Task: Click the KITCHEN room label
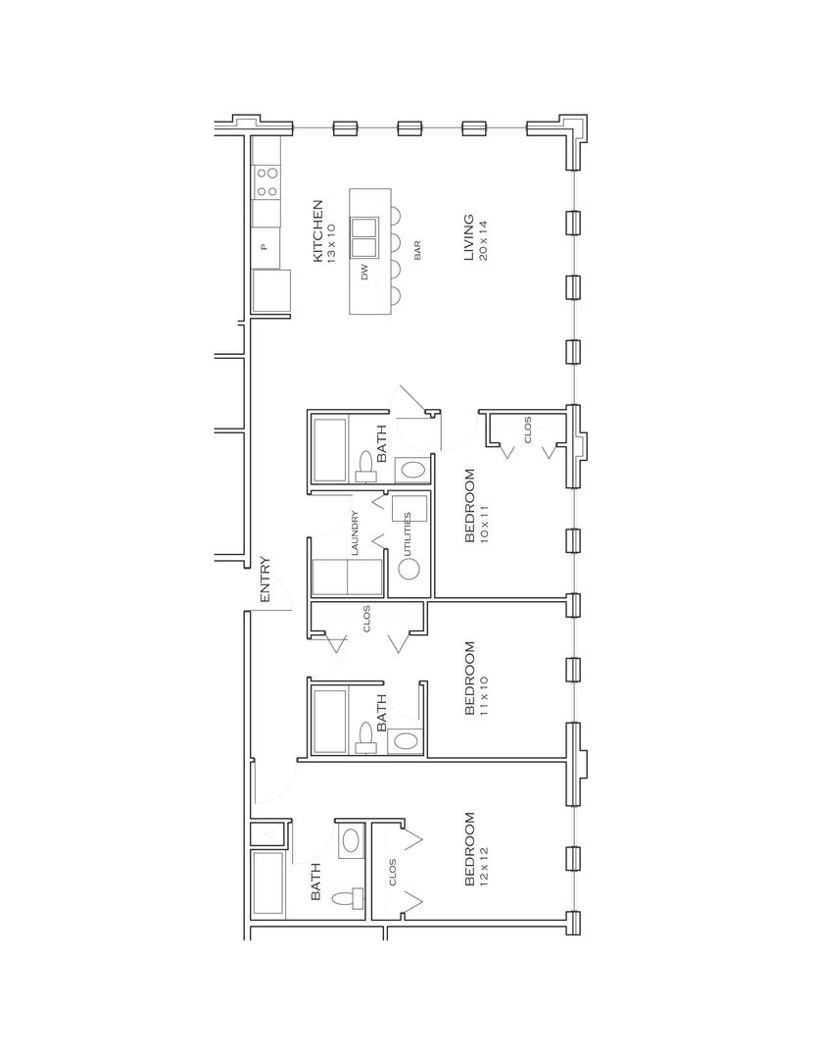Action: tap(316, 230)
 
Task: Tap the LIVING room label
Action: tap(467, 238)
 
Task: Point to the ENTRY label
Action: tap(265, 580)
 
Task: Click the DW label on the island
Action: tap(365, 273)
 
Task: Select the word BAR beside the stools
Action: tap(417, 251)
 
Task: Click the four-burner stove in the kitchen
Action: tap(265, 182)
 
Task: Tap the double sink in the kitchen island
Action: tap(365, 237)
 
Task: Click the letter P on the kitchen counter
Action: tap(265, 247)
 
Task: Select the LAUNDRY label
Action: tap(355, 533)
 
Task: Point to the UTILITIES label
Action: tap(408, 533)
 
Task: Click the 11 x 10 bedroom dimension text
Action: tap(484, 695)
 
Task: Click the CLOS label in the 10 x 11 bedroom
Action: tap(528, 429)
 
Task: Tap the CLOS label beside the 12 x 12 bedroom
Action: tap(393, 872)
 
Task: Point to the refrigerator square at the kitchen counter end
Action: tap(271, 291)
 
